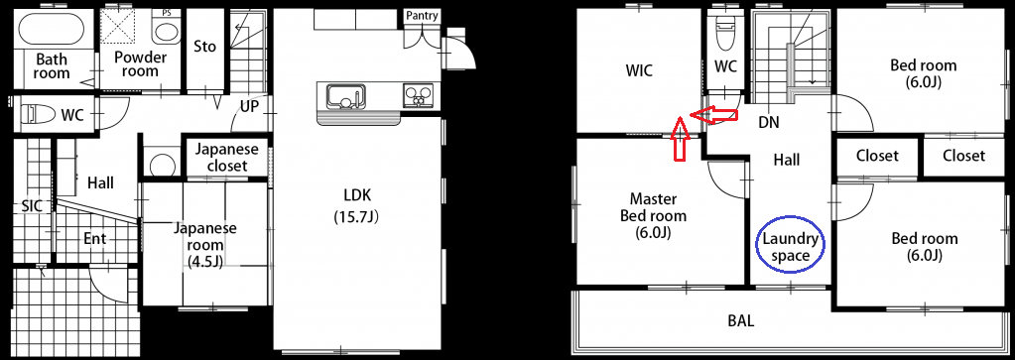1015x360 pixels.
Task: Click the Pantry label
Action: point(422,16)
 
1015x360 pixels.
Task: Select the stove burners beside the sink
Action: point(418,96)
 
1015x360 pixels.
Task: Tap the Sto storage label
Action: point(205,47)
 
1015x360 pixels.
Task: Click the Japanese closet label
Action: point(226,158)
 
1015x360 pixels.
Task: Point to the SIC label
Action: point(32,206)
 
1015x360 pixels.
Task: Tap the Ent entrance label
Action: point(95,239)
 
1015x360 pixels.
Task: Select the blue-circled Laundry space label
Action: point(790,247)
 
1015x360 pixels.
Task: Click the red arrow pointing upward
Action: point(679,139)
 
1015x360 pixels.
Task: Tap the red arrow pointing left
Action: point(714,115)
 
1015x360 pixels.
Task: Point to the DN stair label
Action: point(769,122)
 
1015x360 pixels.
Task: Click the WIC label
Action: point(639,70)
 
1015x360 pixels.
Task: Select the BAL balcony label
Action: point(741,320)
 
